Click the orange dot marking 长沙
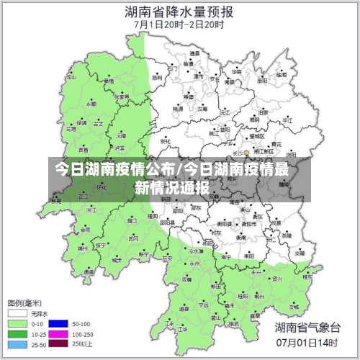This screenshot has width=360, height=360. (246, 153)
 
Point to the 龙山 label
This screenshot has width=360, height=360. (71, 76)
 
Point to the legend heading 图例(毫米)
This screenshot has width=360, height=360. (26, 302)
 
